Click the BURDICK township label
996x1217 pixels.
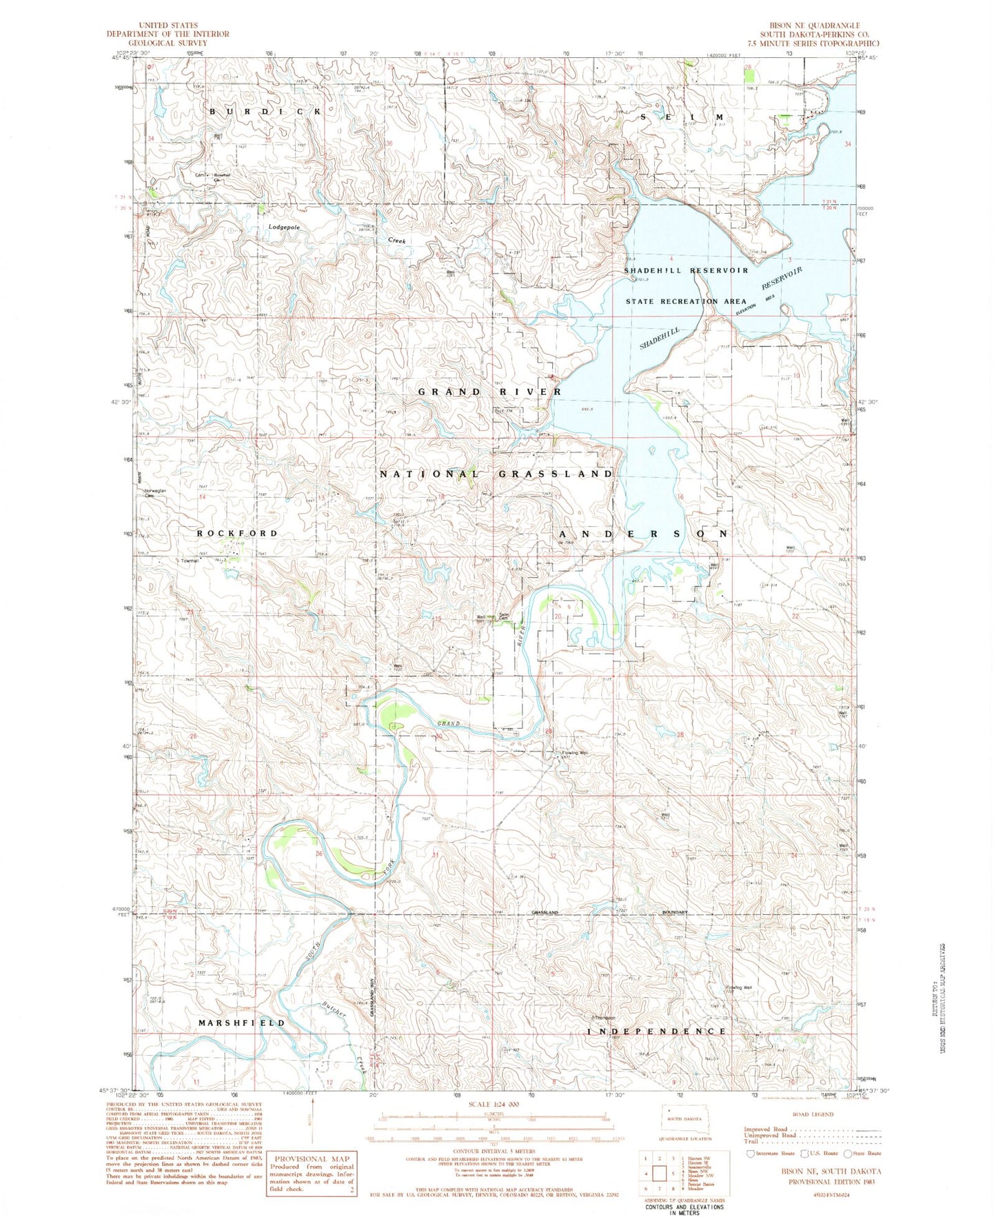tap(265, 112)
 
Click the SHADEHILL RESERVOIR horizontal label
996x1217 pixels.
tap(686, 270)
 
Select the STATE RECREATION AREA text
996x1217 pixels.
tap(686, 301)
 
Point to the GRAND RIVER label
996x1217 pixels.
tap(490, 392)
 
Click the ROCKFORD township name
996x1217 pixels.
tap(237, 534)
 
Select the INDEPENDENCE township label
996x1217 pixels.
tap(657, 1031)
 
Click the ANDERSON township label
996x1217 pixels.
tap(643, 534)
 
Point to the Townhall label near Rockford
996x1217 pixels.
tap(190, 561)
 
